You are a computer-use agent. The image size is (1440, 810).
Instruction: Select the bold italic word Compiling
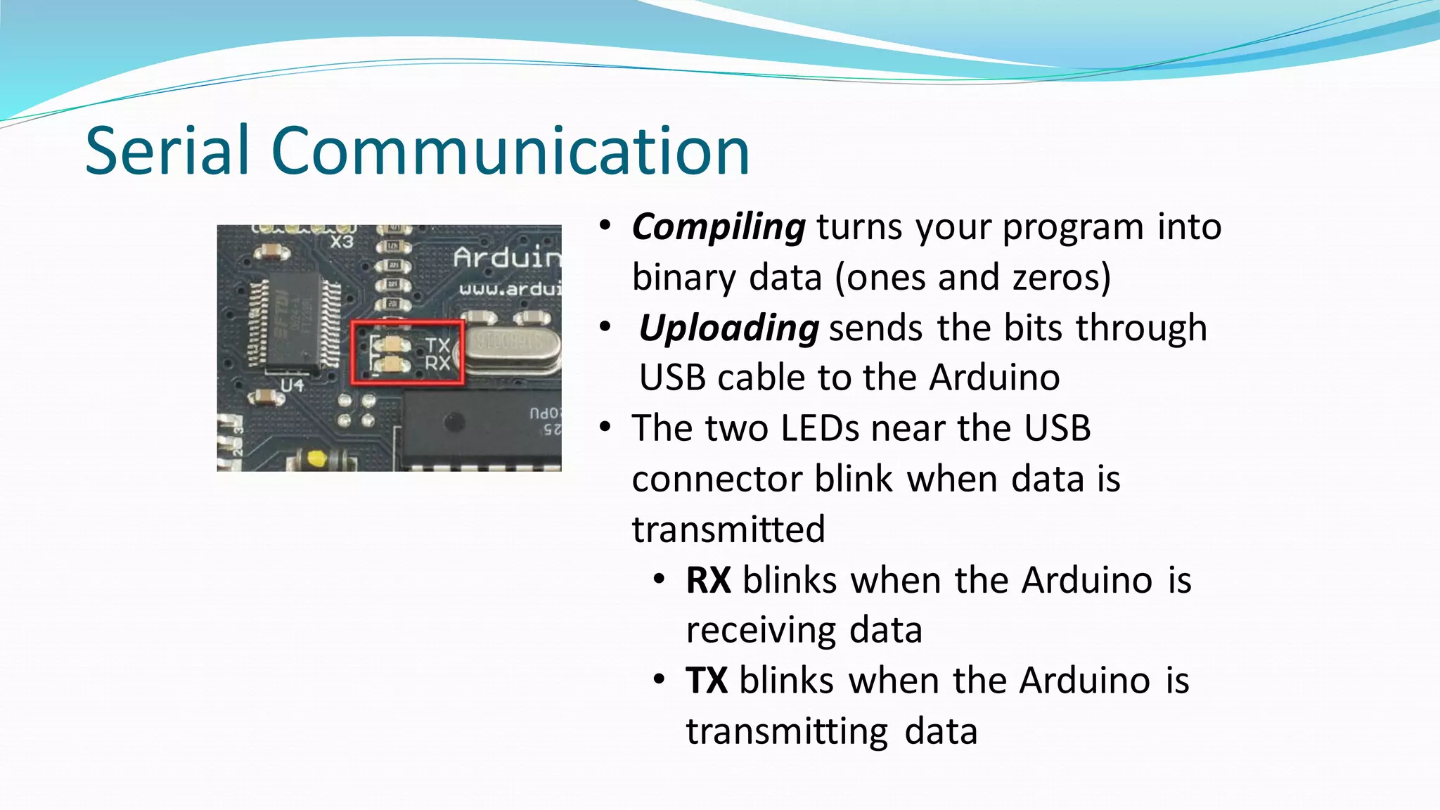[x=718, y=227]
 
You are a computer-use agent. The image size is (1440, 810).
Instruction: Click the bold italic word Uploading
[x=728, y=328]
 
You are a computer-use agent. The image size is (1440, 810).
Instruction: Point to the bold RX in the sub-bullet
[x=708, y=581]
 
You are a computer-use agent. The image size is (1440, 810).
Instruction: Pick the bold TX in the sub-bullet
[x=706, y=681]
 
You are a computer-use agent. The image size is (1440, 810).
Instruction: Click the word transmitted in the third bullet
[x=728, y=529]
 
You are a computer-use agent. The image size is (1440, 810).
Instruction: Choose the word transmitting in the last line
[x=787, y=731]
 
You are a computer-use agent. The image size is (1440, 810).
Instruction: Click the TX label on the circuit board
[x=437, y=345]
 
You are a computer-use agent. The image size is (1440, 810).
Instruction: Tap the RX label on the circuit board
[x=437, y=363]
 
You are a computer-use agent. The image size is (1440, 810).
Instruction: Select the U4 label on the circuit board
[x=292, y=385]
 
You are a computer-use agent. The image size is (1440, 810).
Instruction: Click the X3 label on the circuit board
[x=342, y=242]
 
